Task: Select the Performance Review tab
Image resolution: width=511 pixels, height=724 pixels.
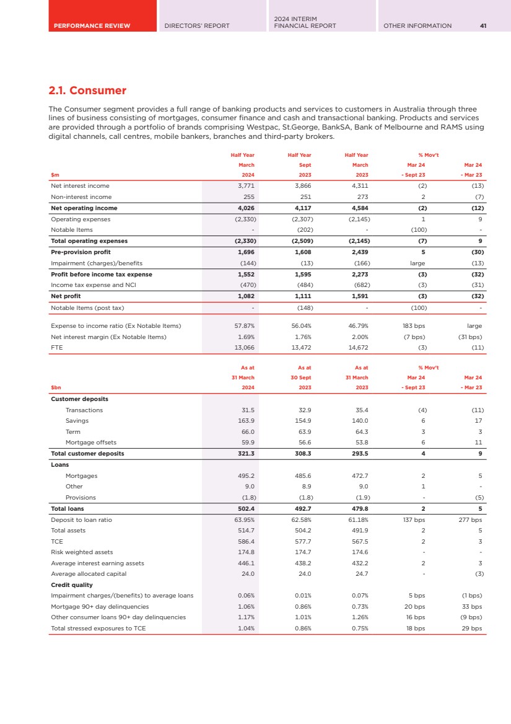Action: tap(91, 25)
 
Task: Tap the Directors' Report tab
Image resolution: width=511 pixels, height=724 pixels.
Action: tap(196, 25)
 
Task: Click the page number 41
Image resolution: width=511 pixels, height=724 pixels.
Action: tap(483, 25)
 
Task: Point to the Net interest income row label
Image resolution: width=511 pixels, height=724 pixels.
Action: tap(80, 185)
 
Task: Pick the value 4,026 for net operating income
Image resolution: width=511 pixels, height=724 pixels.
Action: tap(247, 208)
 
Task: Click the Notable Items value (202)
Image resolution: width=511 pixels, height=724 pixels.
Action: tap(304, 230)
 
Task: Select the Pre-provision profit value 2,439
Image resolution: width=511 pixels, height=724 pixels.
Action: tap(360, 252)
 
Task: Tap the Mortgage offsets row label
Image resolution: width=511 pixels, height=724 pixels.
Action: tap(91, 443)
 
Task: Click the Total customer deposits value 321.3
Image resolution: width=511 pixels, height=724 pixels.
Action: tap(247, 454)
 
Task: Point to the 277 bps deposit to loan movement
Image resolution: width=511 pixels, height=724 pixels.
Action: tap(471, 521)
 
